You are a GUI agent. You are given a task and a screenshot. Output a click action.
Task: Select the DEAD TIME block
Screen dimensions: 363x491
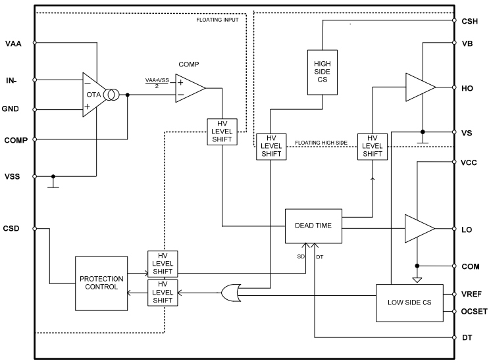pyautogui.click(x=313, y=226)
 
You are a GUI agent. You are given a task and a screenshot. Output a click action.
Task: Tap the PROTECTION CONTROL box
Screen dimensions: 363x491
pyautogui.click(x=101, y=283)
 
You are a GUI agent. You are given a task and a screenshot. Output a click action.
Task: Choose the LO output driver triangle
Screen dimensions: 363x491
pyautogui.click(x=419, y=229)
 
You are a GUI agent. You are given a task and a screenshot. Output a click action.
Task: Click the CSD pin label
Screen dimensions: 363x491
pyautogui.click(x=13, y=229)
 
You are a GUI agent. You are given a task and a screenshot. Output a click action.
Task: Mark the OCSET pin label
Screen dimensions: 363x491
pyautogui.click(x=473, y=312)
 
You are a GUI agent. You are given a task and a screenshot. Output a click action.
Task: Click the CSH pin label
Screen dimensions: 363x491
pyautogui.click(x=469, y=20)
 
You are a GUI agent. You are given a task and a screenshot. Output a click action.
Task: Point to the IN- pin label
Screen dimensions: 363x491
pyautogui.click(x=13, y=81)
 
